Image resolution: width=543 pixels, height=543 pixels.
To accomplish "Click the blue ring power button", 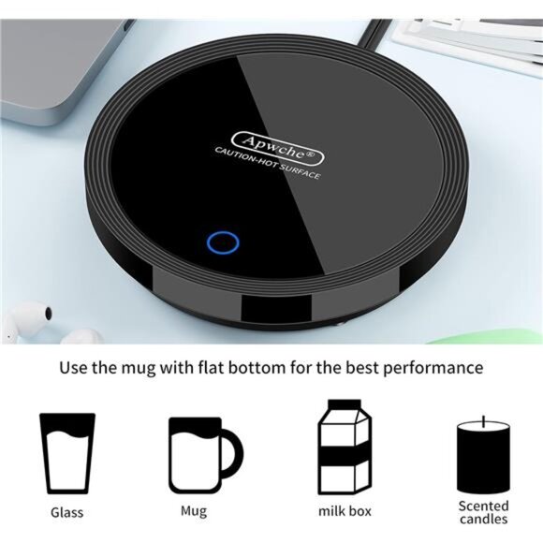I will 222,242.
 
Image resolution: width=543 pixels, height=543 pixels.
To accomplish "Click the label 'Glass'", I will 66,512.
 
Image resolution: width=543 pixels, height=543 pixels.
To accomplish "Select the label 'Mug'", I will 194,511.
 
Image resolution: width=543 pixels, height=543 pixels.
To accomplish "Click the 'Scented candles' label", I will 483,512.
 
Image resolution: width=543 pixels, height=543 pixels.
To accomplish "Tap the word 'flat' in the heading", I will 217,367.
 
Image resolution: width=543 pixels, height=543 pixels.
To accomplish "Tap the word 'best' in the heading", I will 357,367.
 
